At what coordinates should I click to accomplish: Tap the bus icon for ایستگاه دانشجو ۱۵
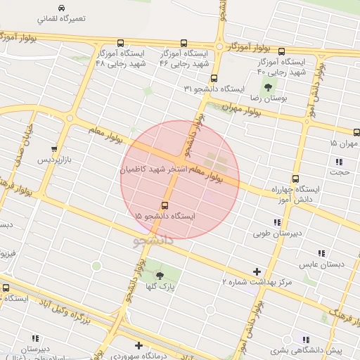coord(165,206)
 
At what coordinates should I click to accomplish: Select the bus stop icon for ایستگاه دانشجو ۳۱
coord(214,78)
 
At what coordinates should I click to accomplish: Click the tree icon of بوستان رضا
coord(267,87)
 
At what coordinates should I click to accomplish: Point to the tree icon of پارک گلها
coord(159,276)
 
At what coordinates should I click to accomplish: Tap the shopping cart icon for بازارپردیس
coord(54,149)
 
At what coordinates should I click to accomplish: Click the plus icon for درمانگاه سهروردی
coord(139,345)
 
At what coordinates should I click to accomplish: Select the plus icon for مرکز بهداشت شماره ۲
coord(257,271)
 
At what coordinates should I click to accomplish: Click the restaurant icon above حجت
coord(340,162)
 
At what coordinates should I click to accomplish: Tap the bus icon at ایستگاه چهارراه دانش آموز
coord(295,179)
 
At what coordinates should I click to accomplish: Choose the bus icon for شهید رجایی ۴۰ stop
coord(282,51)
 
